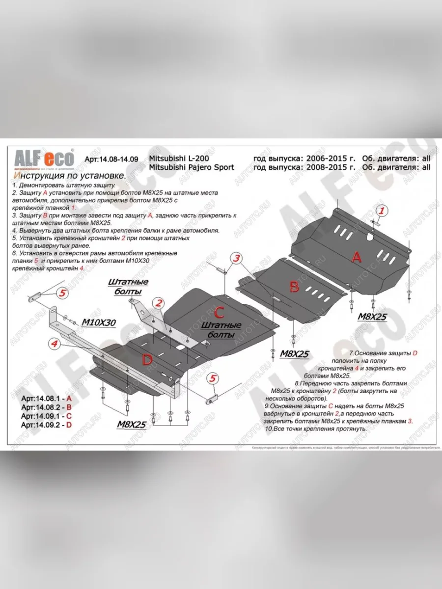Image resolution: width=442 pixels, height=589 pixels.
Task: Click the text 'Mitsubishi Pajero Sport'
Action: pyautogui.click(x=191, y=167)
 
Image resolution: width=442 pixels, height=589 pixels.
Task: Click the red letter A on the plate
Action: pyautogui.click(x=357, y=257)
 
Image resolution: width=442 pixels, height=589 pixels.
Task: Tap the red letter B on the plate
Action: pyautogui.click(x=294, y=287)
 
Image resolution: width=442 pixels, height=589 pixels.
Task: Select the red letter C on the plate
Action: pyautogui.click(x=219, y=312)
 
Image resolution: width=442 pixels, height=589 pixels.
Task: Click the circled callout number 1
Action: pyautogui.click(x=382, y=211)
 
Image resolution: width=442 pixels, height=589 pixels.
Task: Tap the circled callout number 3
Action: pyautogui.click(x=236, y=259)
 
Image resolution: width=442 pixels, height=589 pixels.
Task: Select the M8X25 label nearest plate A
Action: pyautogui.click(x=371, y=317)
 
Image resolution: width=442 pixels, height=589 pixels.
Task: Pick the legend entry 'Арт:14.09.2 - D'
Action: pyautogui.click(x=47, y=425)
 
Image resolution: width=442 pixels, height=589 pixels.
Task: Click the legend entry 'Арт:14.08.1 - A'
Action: pyautogui.click(x=47, y=398)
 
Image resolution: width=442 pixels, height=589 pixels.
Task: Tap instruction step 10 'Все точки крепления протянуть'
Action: pyautogui.click(x=315, y=428)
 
